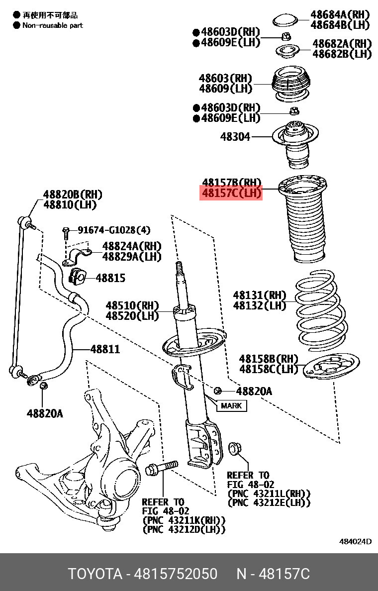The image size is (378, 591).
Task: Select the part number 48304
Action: (235, 136)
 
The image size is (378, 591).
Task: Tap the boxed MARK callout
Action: (231, 405)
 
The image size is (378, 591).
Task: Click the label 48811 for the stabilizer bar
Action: (105, 349)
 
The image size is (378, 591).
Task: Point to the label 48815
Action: (110, 278)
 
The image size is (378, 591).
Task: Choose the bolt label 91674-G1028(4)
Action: (114, 230)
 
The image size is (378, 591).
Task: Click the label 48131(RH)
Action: (260, 295)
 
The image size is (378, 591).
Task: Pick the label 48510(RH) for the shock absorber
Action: (132, 305)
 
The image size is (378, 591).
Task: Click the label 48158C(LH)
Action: (269, 369)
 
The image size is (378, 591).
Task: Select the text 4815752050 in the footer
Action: (176, 574)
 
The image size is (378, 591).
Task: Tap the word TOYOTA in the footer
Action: (95, 574)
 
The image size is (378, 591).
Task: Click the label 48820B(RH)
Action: (73, 195)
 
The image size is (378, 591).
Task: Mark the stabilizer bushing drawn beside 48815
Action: (77, 277)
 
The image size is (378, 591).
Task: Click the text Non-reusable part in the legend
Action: (53, 26)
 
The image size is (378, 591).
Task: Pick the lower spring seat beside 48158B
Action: (331, 365)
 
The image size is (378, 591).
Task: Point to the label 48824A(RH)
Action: (132, 246)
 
